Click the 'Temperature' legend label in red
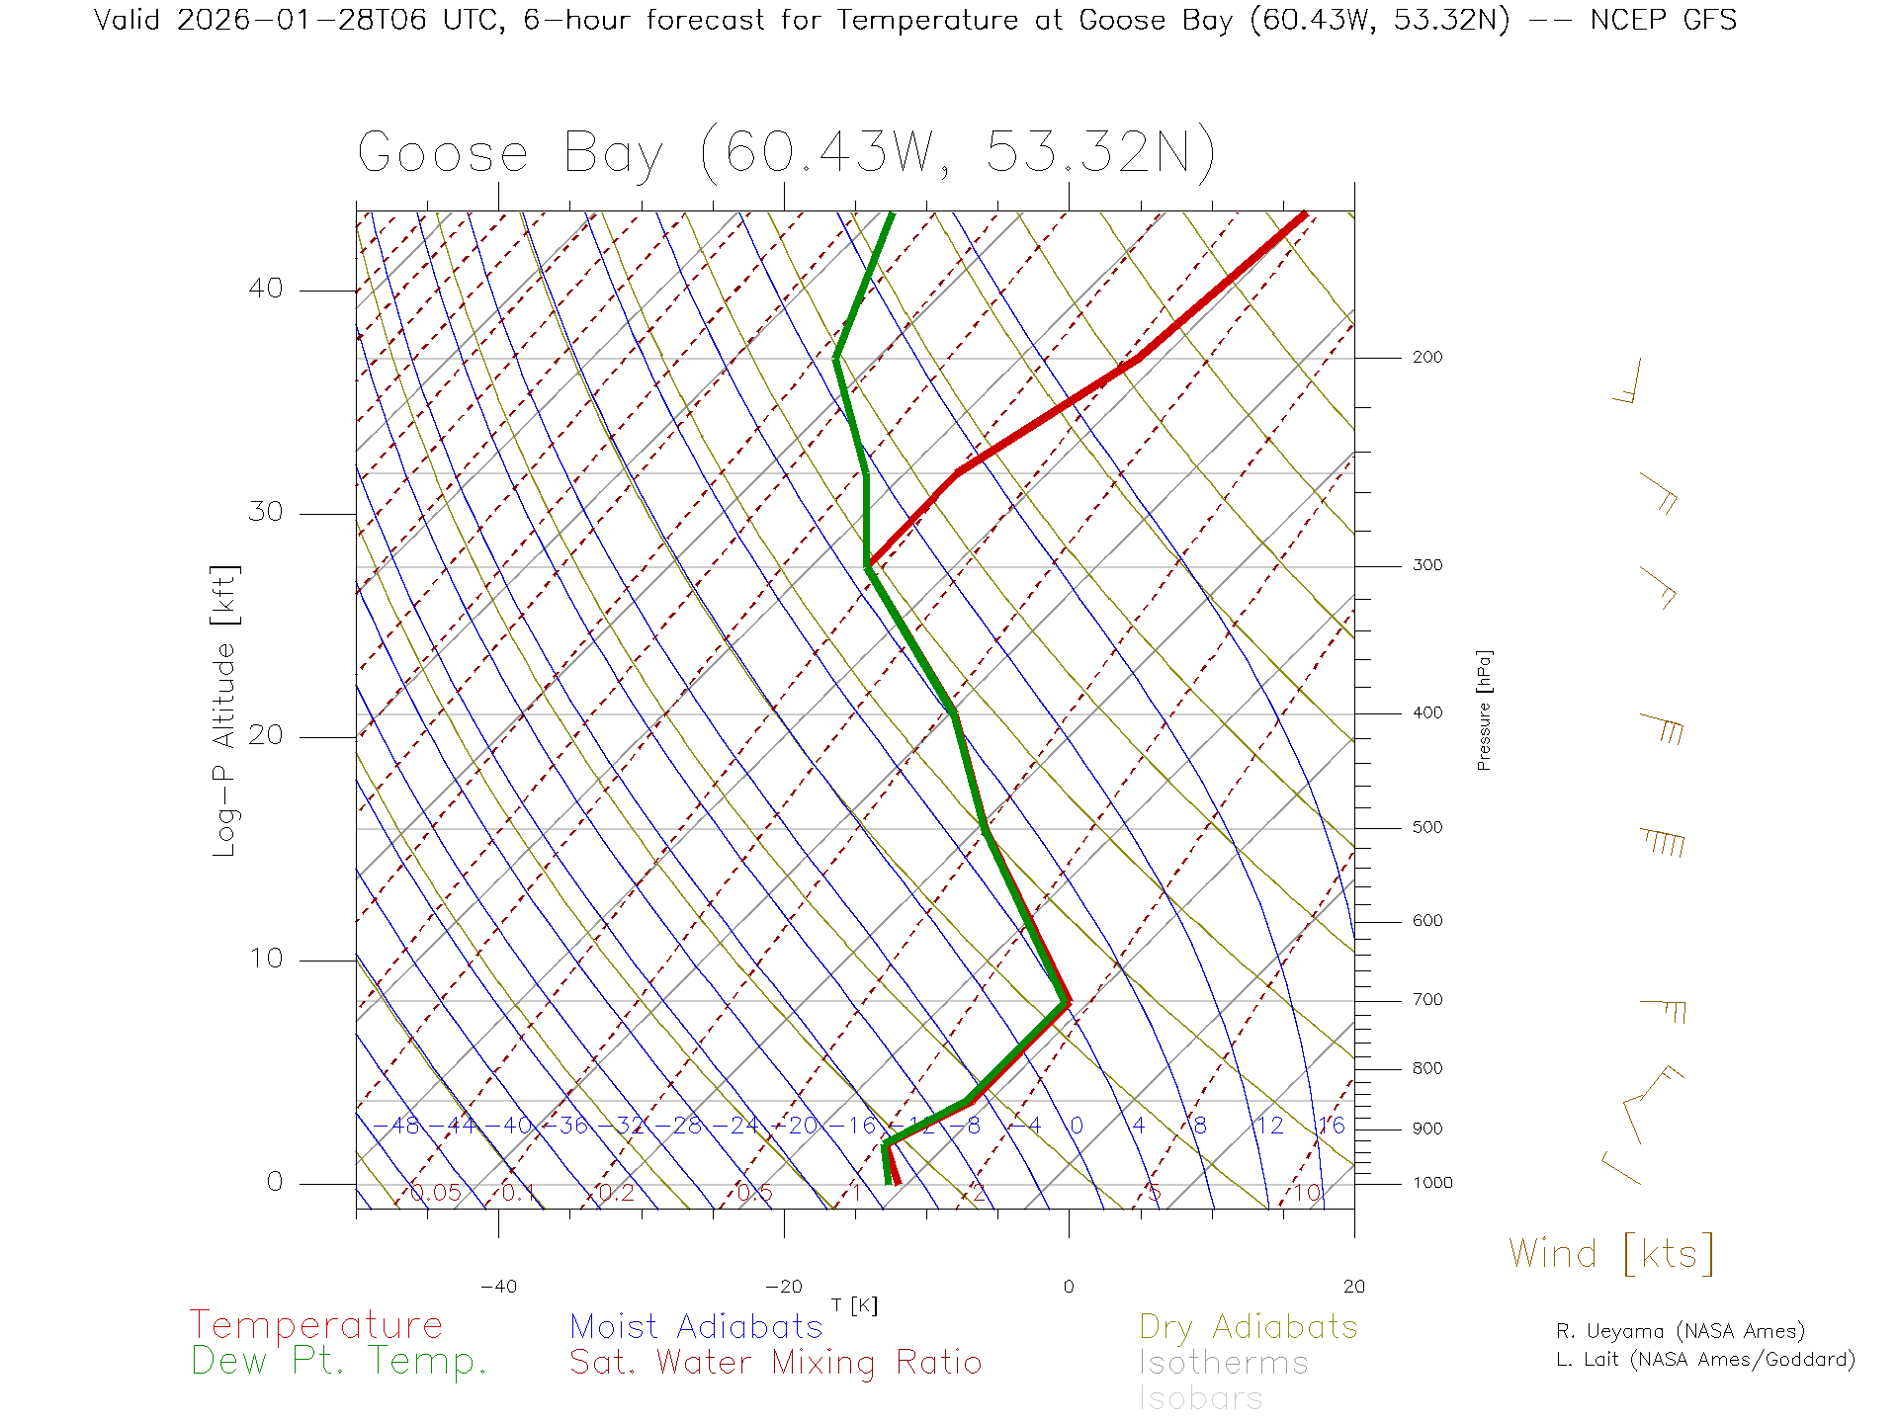(x=316, y=1325)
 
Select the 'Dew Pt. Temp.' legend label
(x=339, y=1362)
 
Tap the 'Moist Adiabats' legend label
(x=696, y=1326)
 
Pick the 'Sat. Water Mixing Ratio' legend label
(x=775, y=1363)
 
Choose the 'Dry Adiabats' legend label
(x=1248, y=1326)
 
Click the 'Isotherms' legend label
(x=1223, y=1363)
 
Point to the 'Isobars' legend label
(x=1200, y=1398)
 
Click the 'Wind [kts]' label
(x=1611, y=1253)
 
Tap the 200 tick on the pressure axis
(x=1427, y=358)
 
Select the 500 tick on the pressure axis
(x=1427, y=828)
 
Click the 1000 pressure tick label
(x=1432, y=1183)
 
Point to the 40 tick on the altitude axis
(x=265, y=289)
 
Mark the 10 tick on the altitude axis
(x=265, y=959)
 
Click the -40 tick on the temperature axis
(x=498, y=1287)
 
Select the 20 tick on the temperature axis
(x=1353, y=1287)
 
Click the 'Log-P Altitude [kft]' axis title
(x=225, y=711)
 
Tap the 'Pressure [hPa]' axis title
(x=1484, y=710)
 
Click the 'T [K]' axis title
(x=854, y=1305)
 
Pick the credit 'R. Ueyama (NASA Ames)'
(x=1680, y=1331)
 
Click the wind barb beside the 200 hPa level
(x=1629, y=381)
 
